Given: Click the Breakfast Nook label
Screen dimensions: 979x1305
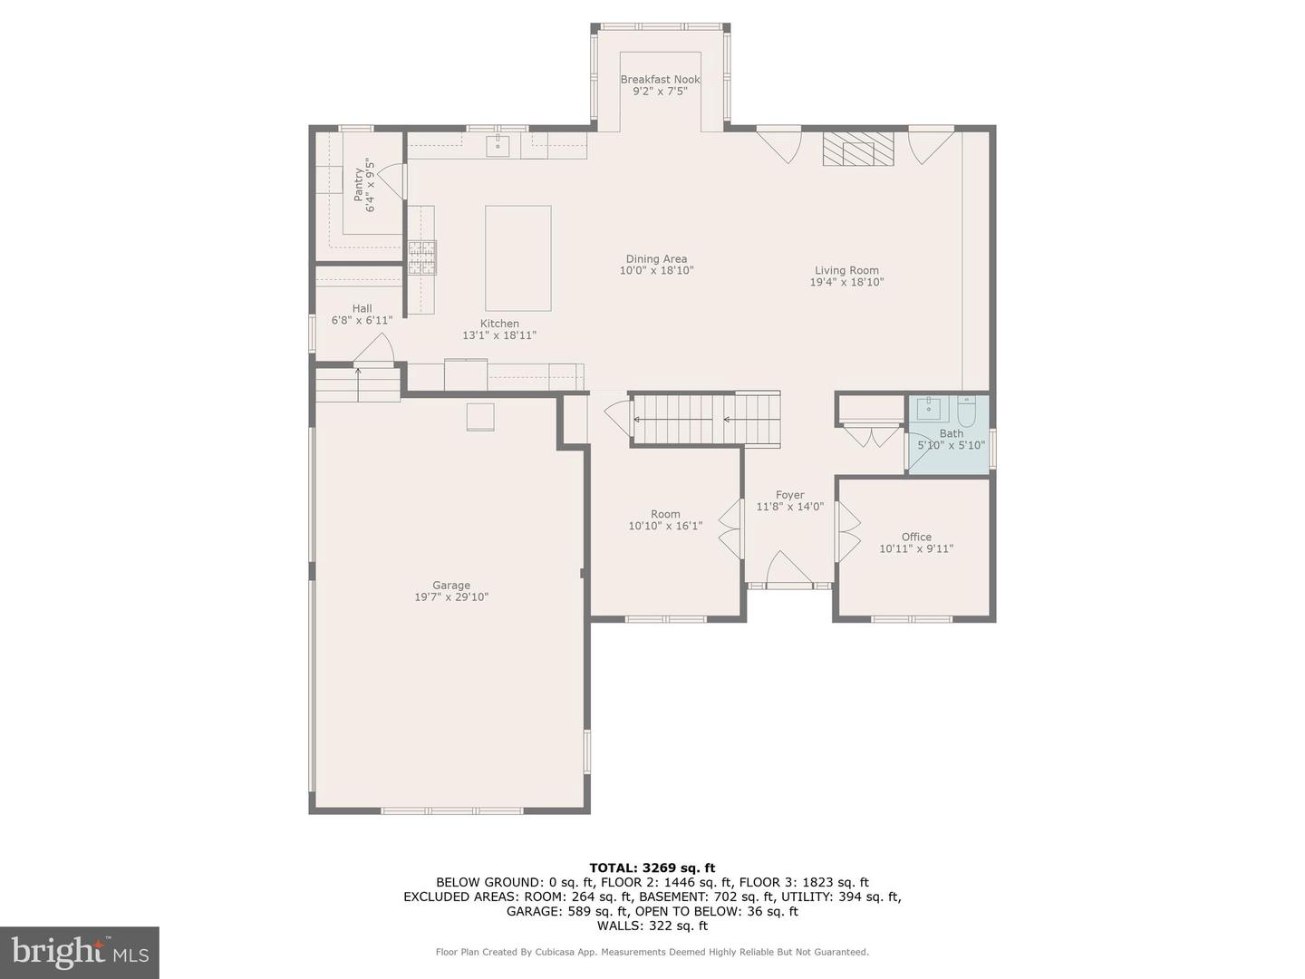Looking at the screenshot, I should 660,80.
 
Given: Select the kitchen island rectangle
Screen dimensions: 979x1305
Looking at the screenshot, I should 517,258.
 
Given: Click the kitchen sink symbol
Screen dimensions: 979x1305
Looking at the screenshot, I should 498,145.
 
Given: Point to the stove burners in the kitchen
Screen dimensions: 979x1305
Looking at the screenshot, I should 421,257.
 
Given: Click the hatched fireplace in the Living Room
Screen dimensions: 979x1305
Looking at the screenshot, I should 857,150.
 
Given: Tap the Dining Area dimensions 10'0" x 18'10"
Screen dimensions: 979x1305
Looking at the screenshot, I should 656,270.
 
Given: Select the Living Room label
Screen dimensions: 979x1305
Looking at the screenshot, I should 846,270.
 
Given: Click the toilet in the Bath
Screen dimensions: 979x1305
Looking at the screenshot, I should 966,413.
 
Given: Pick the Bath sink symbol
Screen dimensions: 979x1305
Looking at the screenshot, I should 929,411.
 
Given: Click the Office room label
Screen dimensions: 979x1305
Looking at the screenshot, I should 916,537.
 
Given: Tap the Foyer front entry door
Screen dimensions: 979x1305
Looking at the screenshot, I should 789,571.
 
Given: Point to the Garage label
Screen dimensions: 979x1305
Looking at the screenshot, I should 451,586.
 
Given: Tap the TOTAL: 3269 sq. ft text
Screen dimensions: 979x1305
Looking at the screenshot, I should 652,868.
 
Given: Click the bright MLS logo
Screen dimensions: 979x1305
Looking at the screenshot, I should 79,952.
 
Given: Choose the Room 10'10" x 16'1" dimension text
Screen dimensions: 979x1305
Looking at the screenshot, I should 665,526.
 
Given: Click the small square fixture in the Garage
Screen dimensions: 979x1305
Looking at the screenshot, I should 480,416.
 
